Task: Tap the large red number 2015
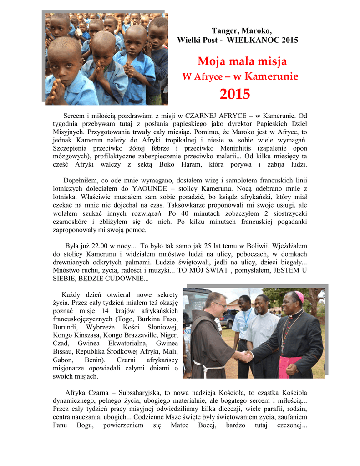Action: point(235,94)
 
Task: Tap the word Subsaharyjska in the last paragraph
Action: point(148,392)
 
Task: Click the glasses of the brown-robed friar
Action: point(219,304)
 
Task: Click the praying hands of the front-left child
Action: point(58,89)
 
